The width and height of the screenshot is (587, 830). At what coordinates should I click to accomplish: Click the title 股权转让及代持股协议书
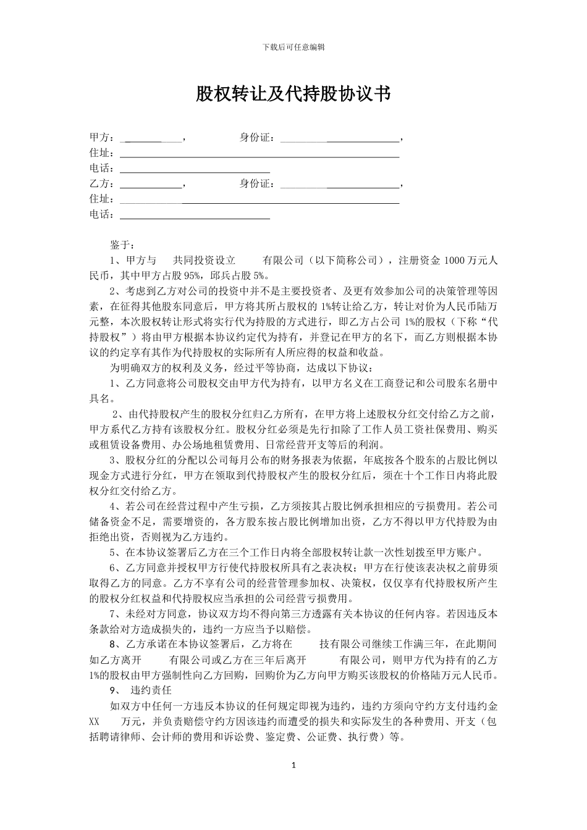click(293, 94)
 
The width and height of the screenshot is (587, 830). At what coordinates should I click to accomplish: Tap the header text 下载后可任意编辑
click(293, 47)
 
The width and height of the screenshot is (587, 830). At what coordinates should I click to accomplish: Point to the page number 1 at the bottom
click(293, 765)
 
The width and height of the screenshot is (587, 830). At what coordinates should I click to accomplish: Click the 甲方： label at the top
click(102, 138)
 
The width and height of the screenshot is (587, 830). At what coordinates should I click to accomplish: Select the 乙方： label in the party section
click(102, 184)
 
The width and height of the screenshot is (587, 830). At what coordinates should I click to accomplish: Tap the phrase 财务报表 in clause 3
click(293, 460)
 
